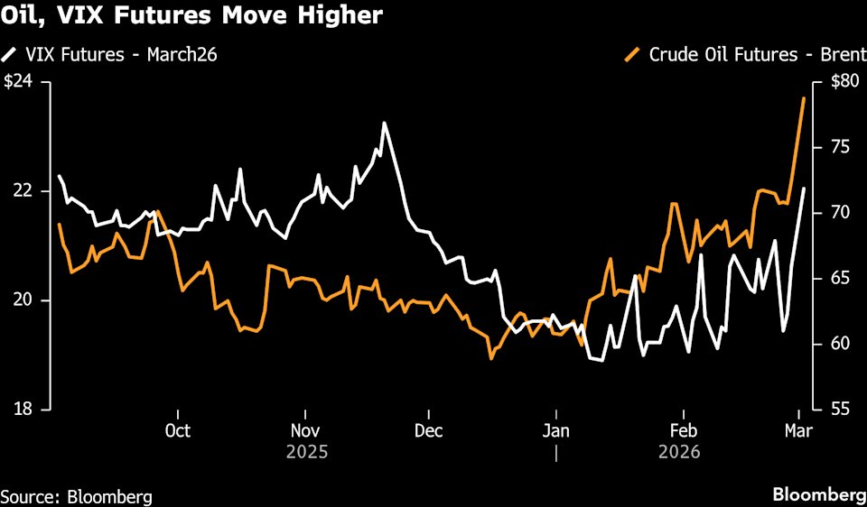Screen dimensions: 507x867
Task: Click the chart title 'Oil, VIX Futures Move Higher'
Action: [x=191, y=15]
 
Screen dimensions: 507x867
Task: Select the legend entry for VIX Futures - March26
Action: [x=117, y=55]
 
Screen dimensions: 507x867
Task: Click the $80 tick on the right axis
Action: [x=843, y=82]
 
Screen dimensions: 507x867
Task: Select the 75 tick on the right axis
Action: [x=841, y=147]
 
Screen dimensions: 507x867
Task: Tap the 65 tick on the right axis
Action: [x=841, y=278]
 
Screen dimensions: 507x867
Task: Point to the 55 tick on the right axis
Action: [x=841, y=409]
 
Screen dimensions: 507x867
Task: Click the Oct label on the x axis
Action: [x=178, y=429]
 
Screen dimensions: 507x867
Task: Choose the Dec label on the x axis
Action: [x=428, y=429]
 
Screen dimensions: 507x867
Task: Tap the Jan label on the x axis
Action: [x=555, y=429]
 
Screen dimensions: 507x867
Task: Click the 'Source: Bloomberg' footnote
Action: [x=76, y=496]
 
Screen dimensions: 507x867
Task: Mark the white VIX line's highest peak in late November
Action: [x=385, y=123]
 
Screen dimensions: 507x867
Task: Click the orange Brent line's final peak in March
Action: [x=804, y=97]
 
